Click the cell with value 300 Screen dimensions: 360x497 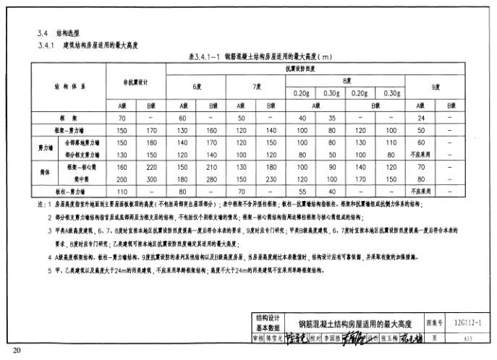(152, 179)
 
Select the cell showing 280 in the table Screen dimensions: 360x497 (212, 179)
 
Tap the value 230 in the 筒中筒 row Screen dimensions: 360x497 (271, 179)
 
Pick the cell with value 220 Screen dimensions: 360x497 (152, 167)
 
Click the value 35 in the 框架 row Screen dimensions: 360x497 (332, 118)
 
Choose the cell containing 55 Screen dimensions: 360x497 (302, 192)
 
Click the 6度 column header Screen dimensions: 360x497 (197, 87)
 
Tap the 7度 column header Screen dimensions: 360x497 (256, 87)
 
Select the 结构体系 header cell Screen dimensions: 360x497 (69, 86)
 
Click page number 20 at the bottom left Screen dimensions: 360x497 (17, 351)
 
